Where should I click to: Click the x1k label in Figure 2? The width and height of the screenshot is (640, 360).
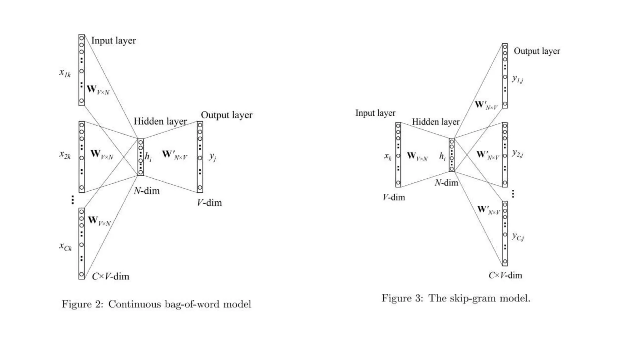[x=65, y=73]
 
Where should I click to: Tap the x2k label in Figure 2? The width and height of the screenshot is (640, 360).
[x=65, y=155]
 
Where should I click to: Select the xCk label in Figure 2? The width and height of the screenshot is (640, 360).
[x=65, y=247]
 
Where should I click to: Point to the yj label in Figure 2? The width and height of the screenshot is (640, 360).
[x=212, y=157]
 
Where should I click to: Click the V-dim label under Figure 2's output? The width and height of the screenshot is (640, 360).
[x=209, y=203]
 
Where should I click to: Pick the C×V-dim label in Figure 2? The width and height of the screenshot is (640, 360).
[x=110, y=276]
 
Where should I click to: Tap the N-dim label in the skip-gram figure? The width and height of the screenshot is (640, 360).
[x=446, y=183]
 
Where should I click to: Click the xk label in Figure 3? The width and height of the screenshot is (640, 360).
[x=387, y=156]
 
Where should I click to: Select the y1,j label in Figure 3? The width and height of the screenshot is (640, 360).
[x=517, y=79]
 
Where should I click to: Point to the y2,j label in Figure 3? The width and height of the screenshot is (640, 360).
[x=517, y=153]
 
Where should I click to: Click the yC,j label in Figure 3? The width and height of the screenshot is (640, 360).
[x=518, y=237]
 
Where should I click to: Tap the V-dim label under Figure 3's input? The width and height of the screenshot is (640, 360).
[x=394, y=197]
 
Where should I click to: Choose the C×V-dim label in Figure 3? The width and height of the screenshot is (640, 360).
[x=505, y=275]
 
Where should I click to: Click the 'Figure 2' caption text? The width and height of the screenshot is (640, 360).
[x=82, y=304]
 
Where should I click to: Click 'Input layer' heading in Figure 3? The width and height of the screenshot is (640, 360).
[x=375, y=113]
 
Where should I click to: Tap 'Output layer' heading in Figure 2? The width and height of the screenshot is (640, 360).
[x=227, y=115]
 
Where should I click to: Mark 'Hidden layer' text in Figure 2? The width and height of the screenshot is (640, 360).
[x=160, y=121]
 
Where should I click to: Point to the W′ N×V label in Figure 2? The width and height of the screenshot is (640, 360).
[x=174, y=155]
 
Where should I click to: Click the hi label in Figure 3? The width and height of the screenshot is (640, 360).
[x=442, y=156]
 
